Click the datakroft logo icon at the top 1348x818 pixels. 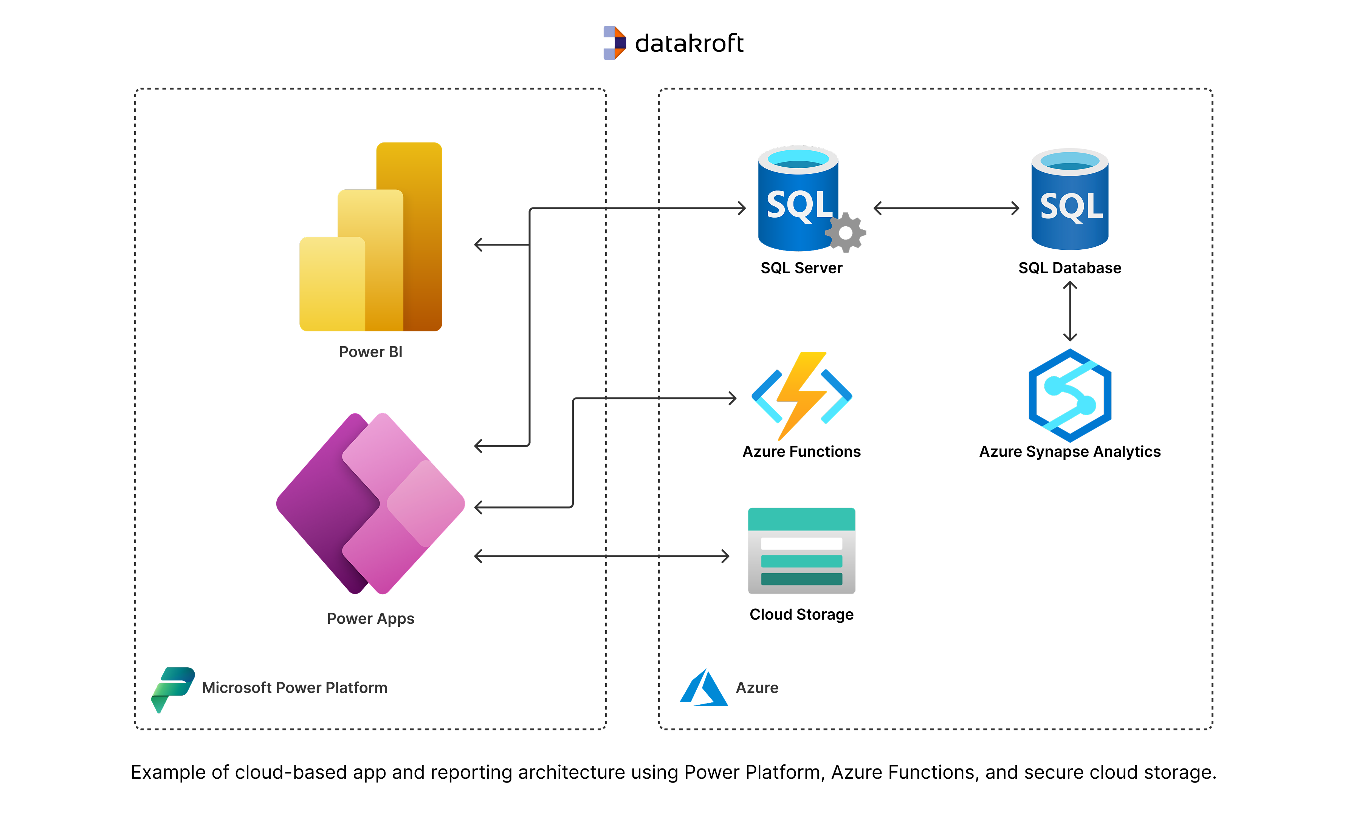point(614,43)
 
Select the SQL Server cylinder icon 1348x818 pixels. point(798,199)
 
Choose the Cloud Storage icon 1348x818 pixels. point(801,550)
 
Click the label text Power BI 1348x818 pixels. point(371,352)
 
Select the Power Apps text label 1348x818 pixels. point(371,619)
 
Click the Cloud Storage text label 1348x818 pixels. point(801,615)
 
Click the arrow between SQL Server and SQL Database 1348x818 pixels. point(947,208)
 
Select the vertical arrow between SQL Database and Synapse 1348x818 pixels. point(1070,311)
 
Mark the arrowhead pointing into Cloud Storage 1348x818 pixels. point(725,557)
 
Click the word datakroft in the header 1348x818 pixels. point(689,43)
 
